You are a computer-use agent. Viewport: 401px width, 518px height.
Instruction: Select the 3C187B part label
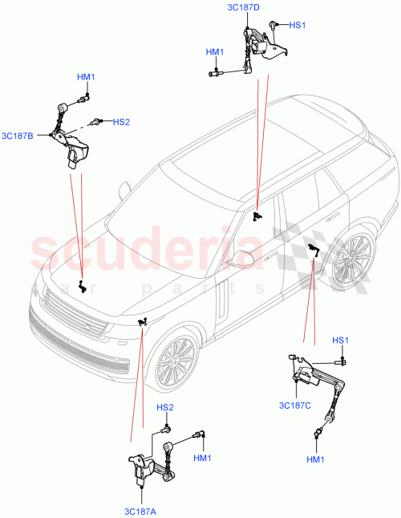18,135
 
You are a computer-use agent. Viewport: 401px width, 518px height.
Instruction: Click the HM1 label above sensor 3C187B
86,77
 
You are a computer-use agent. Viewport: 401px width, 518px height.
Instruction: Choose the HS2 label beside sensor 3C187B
121,122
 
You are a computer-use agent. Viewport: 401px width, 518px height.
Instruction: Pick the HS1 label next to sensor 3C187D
298,26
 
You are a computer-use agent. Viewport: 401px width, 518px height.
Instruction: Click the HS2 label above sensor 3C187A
164,407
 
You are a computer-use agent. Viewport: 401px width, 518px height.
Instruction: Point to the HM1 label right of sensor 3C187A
202,458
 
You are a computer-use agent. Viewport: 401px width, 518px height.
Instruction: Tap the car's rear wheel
350,259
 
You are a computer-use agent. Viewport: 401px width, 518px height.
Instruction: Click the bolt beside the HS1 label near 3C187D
273,26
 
